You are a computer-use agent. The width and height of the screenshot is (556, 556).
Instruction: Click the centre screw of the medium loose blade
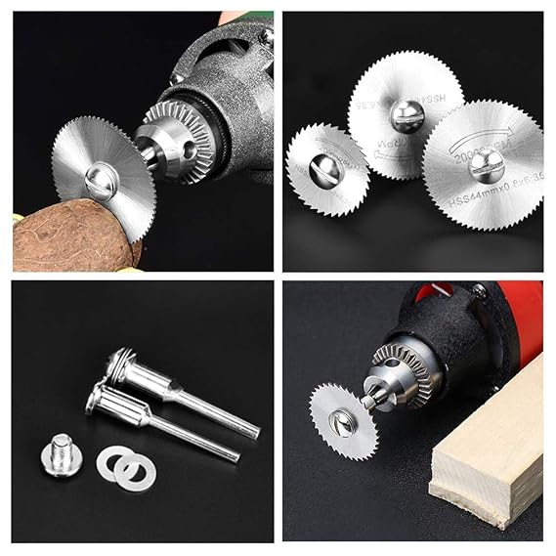tap(406, 116)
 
